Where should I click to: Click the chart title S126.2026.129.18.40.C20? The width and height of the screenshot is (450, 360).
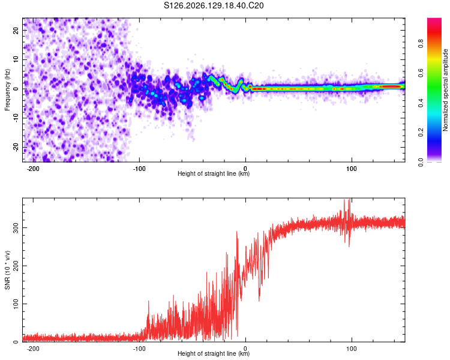[214, 5]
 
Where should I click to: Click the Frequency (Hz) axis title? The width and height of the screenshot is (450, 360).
[7, 90]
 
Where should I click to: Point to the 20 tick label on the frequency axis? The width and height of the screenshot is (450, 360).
[16, 30]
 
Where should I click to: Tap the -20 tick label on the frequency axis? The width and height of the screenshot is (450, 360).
[16, 148]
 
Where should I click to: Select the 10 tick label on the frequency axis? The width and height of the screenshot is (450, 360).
[16, 59]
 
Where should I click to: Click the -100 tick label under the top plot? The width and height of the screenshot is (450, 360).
[139, 169]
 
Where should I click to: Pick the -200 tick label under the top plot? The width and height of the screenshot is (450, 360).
[33, 169]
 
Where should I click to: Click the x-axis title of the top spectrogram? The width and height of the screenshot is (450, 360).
[214, 173]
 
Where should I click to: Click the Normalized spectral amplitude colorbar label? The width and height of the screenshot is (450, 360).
[445, 90]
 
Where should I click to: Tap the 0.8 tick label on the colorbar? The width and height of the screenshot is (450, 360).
[421, 44]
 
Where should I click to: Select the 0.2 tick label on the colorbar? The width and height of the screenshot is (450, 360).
[421, 133]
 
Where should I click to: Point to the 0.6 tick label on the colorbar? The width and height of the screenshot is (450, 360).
[421, 73]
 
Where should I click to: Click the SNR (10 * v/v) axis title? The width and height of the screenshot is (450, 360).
[7, 270]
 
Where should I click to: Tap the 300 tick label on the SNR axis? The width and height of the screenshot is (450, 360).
[16, 227]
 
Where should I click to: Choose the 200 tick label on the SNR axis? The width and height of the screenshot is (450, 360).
[16, 266]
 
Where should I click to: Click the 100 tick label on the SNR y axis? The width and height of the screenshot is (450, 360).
[16, 304]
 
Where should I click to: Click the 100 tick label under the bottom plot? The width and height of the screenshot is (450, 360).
[352, 349]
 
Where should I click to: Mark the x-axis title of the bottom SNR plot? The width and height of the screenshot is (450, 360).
[214, 353]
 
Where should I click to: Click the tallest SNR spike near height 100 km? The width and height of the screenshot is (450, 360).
[350, 200]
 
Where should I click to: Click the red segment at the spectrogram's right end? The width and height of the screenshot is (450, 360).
[391, 86]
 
